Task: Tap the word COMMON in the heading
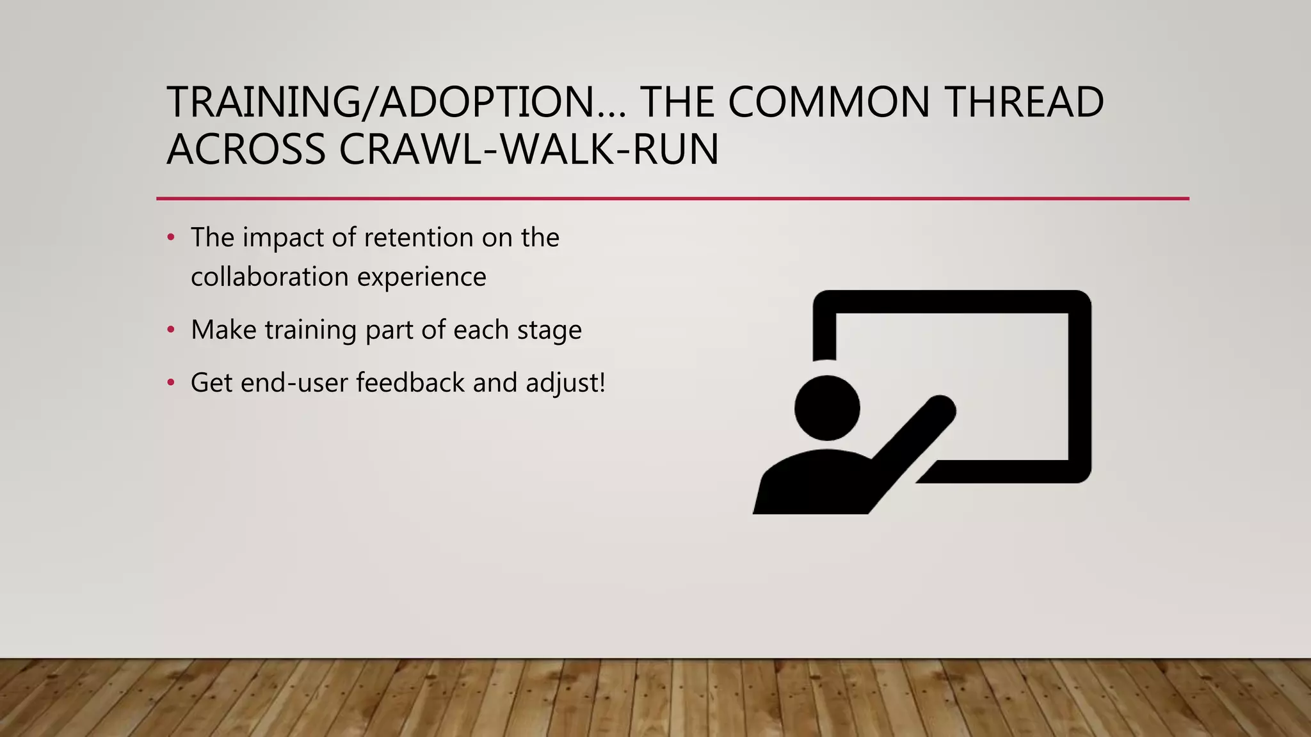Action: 828,102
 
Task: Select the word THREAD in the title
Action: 1024,102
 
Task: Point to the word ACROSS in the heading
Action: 246,150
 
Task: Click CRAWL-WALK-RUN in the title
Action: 529,150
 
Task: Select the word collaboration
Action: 269,277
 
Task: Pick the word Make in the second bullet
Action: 223,330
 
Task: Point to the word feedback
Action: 410,383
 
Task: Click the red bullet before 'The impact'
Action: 170,238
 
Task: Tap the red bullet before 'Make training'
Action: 170,330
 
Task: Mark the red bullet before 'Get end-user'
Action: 170,383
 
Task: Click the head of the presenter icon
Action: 827,408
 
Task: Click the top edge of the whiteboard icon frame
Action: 952,301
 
